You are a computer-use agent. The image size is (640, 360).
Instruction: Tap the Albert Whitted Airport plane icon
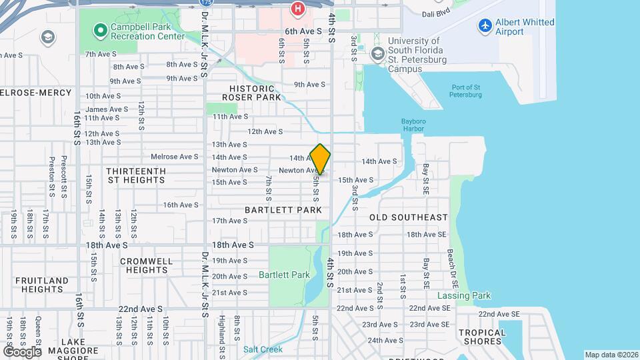click(485, 27)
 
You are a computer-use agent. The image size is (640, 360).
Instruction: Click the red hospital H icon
click(297, 9)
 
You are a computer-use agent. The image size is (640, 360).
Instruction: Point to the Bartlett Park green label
click(284, 275)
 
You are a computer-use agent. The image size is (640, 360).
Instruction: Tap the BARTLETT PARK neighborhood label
click(283, 210)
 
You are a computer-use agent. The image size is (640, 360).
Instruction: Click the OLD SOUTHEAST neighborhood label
click(409, 217)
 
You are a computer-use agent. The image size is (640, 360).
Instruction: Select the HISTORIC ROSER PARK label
click(251, 93)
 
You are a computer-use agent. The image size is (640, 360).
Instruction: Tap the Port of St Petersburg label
click(466, 91)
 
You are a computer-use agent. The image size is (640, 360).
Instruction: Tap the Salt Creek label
click(262, 349)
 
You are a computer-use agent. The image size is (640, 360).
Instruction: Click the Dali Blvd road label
click(438, 13)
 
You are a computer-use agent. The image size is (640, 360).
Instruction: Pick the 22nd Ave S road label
click(141, 309)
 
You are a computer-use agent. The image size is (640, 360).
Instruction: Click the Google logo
click(23, 351)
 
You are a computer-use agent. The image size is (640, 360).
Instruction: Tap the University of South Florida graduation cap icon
click(378, 53)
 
